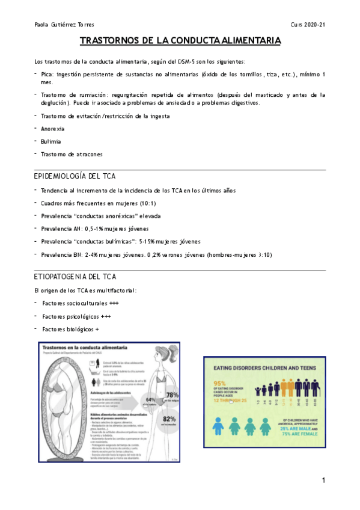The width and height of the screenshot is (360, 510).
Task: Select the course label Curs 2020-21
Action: click(308, 24)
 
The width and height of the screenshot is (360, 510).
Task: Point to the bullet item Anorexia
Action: click(53, 129)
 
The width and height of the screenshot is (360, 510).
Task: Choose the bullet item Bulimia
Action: click(51, 141)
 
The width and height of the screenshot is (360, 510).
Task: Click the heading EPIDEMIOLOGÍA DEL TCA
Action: click(75, 176)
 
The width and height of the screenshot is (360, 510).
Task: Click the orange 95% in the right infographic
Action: click(219, 384)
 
